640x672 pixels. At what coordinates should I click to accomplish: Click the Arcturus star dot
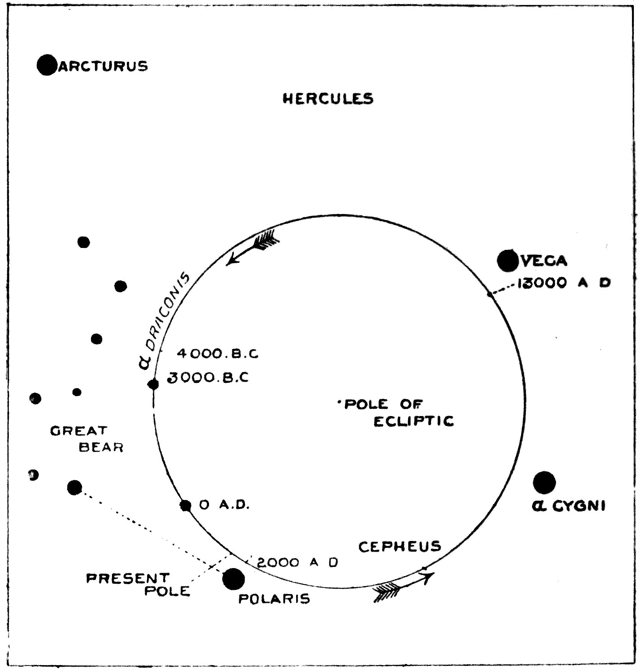click(x=47, y=65)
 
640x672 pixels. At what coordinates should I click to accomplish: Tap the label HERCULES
click(x=327, y=99)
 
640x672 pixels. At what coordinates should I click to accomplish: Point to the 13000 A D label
click(x=563, y=283)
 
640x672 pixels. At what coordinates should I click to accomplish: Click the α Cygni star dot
click(x=544, y=483)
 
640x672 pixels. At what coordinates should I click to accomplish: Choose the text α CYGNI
click(x=568, y=507)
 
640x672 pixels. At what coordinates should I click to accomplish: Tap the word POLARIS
click(x=274, y=599)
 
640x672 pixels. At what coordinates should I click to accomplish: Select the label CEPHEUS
click(x=400, y=547)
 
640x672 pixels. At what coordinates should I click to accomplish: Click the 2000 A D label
click(x=298, y=562)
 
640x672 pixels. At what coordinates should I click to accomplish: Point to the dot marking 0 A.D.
click(x=186, y=505)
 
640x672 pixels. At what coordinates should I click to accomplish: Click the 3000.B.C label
click(x=209, y=377)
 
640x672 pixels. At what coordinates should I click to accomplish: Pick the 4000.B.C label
click(x=217, y=354)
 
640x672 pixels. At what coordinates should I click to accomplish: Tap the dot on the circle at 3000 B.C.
click(x=153, y=384)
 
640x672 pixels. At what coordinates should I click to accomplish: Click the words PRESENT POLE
click(x=138, y=585)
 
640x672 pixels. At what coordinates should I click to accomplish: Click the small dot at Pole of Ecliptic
click(x=339, y=402)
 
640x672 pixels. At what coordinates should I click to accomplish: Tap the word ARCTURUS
click(x=102, y=66)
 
